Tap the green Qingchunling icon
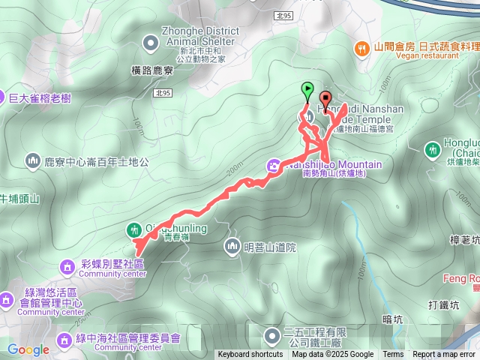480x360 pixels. coord(133,229)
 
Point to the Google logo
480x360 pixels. coord(28,349)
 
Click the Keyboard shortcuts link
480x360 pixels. coord(250,355)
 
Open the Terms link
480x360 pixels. coord(393,355)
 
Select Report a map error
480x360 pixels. coord(445,355)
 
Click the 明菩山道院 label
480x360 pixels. coord(270,246)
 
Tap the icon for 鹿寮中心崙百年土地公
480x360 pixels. coord(31,160)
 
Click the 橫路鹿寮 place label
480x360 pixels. coord(153,70)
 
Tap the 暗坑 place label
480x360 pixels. coord(391,319)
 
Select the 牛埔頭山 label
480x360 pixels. coord(19,199)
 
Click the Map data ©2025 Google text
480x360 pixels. coord(332,355)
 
